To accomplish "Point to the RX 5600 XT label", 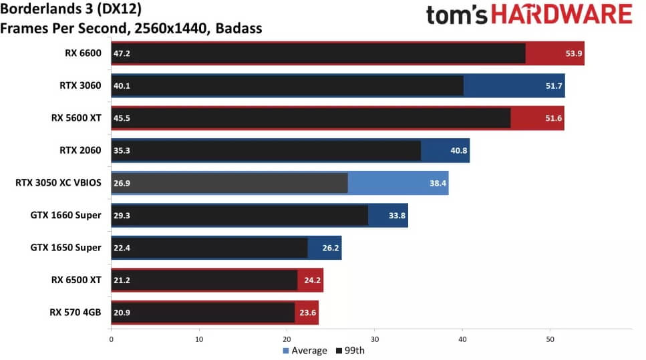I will pos(76,118).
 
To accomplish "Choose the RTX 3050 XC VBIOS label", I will pos(58,182).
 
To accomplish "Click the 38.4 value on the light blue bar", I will pos(438,183).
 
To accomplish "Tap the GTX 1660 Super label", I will pos(65,215).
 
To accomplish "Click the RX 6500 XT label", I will pos(75,280).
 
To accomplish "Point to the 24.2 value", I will pos(313,281).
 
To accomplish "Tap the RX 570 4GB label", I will pos(75,312).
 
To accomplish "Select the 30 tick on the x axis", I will pos(375,339).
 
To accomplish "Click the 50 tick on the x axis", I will pos(550,339).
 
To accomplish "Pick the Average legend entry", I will pos(306,351).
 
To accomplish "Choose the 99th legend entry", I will pos(350,351).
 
